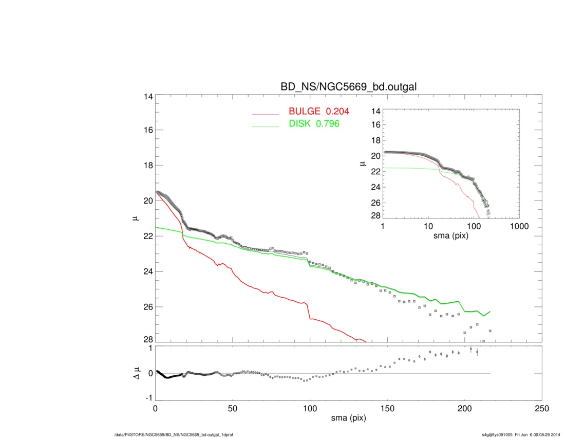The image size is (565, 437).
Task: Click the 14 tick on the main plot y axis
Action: click(148, 96)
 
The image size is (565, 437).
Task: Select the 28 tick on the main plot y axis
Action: click(148, 340)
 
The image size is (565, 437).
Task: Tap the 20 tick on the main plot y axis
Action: click(148, 201)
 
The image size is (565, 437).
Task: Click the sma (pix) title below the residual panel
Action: click(349, 418)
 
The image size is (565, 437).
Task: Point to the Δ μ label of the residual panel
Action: click(136, 373)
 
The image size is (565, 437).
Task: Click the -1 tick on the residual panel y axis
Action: click(148, 397)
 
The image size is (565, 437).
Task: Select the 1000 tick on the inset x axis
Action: click(518, 226)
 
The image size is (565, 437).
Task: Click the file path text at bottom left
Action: click(175, 435)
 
